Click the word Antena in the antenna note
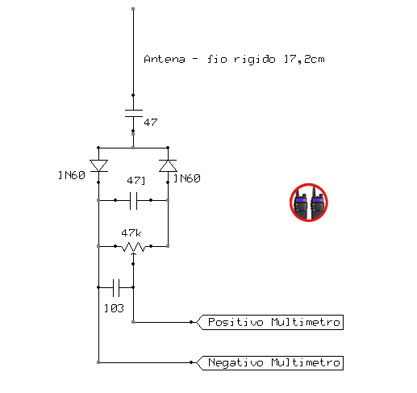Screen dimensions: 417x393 [x=165, y=59]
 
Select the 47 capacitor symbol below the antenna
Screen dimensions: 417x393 [x=133, y=113]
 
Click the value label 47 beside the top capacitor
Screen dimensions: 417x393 [x=151, y=123]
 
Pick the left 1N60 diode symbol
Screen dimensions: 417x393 [x=98, y=165]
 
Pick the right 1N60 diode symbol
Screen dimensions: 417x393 [x=168, y=165]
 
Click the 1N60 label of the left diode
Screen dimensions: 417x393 [x=72, y=175]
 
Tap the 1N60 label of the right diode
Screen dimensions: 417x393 [x=187, y=178]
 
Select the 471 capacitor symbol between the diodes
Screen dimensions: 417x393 [x=133, y=200]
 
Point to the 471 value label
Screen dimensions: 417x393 [x=136, y=180]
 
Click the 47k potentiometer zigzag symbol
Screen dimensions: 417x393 [x=133, y=247]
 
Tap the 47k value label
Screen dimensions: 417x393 [x=131, y=233]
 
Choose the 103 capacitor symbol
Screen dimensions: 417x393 [x=116, y=287]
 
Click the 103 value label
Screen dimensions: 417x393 [x=114, y=308]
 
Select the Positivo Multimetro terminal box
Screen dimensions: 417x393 [x=270, y=322]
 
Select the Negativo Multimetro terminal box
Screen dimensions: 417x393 [x=270, y=362]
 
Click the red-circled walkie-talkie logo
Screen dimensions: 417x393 [x=309, y=203]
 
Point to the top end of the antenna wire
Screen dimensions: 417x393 [x=133, y=9]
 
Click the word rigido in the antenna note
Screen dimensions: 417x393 [x=254, y=60]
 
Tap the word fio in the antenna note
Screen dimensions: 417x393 [x=217, y=59]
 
